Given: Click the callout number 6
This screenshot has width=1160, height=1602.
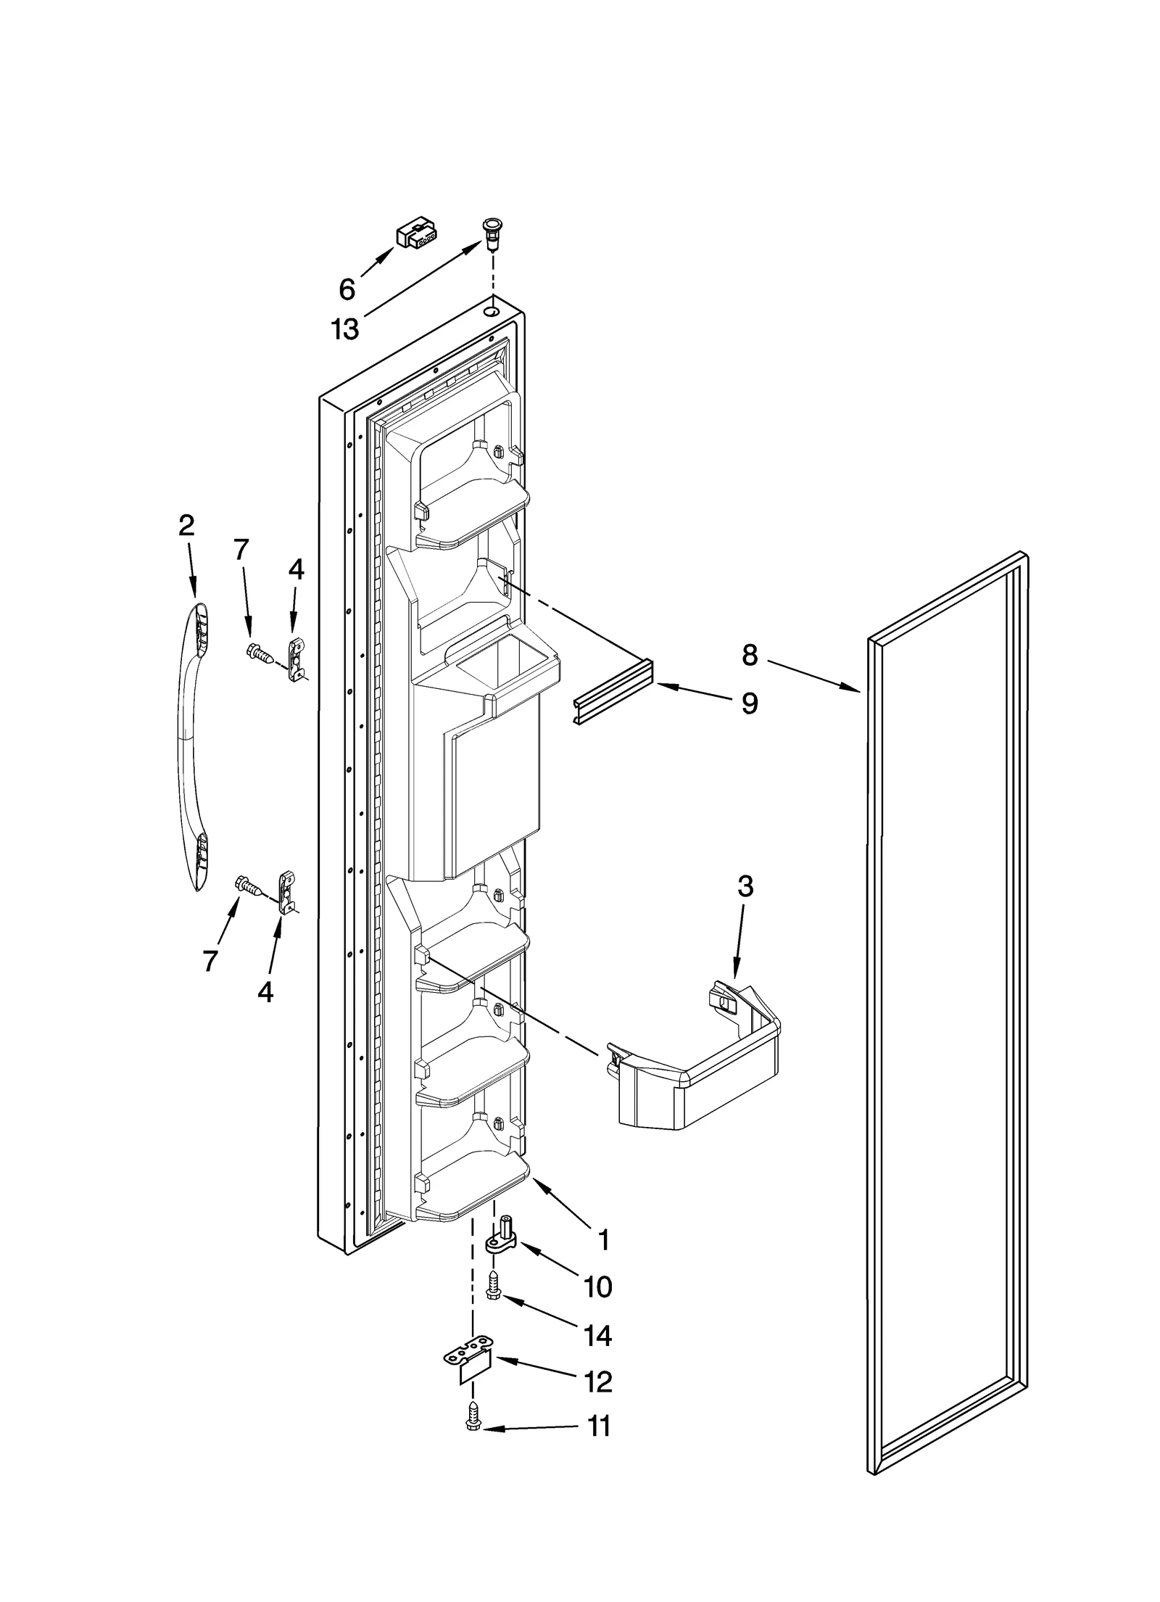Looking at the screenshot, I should [347, 290].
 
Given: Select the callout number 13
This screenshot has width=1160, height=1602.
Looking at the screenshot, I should [345, 329].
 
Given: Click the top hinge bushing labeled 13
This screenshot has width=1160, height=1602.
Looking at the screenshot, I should [492, 234].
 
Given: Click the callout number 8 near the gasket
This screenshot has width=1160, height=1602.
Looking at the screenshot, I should [750, 655].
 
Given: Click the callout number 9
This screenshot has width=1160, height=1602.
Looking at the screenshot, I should [750, 702].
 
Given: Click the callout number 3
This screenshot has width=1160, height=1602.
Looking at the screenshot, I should [745, 886].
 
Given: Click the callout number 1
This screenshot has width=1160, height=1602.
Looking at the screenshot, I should [603, 1241].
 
